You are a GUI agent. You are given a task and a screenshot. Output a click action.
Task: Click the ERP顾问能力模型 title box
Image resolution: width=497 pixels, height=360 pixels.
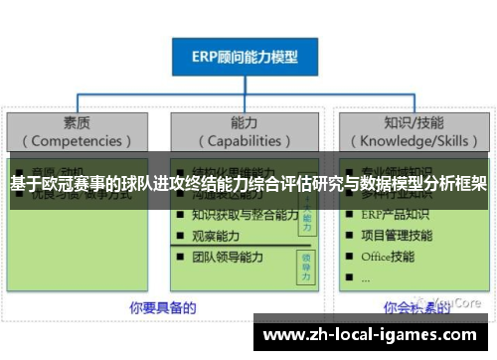[x=247, y=57]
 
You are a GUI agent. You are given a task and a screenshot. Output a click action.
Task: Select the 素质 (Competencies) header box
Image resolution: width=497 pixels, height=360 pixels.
[x=78, y=130]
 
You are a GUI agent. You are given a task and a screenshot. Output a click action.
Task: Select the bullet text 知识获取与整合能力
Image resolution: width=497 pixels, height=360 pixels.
[x=245, y=214]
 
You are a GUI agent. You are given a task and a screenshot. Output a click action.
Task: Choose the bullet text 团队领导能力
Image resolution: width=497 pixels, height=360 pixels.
[x=228, y=257]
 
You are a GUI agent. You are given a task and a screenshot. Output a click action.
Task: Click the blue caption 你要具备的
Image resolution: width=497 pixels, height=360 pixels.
[x=161, y=306]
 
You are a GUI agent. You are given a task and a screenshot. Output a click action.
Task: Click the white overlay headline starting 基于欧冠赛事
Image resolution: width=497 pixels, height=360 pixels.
[x=248, y=184]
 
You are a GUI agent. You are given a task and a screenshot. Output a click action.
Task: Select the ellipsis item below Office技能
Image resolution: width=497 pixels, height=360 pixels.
[x=366, y=277]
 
